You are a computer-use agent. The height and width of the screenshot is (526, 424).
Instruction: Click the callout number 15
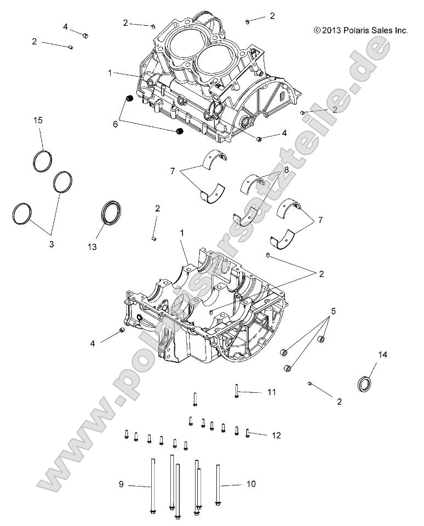click(x=38, y=120)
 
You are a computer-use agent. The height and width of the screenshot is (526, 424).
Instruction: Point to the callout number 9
click(x=121, y=484)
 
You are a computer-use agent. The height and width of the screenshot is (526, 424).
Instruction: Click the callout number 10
click(x=251, y=484)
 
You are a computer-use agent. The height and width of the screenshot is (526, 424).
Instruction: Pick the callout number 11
click(x=272, y=392)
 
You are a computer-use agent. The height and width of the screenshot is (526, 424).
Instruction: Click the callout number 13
click(x=91, y=247)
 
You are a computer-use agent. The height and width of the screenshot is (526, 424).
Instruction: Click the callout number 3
click(x=51, y=244)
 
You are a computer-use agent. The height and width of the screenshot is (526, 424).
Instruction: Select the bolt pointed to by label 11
click(x=236, y=390)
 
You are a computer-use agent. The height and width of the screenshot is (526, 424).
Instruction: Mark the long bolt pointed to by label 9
click(x=152, y=487)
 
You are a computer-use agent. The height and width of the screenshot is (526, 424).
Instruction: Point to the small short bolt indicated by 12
click(x=248, y=433)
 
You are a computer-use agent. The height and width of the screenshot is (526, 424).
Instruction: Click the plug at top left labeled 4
click(x=85, y=36)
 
